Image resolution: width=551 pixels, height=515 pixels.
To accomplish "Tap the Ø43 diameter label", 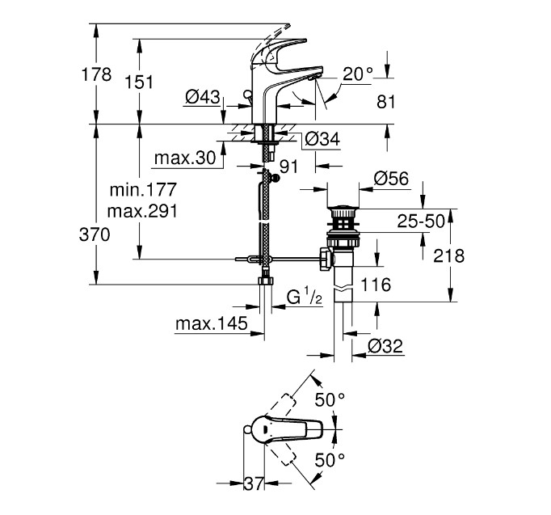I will [x=203, y=97].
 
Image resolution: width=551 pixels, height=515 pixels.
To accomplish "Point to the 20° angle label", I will [x=358, y=74].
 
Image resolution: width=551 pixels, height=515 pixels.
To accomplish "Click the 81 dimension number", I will [x=387, y=102].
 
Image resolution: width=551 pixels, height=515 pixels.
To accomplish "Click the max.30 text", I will [x=190, y=158].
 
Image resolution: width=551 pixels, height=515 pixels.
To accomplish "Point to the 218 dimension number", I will [x=449, y=255].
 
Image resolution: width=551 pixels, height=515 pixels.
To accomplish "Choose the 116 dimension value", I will [x=376, y=284].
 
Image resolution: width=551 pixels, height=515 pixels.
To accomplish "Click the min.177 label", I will [x=144, y=191].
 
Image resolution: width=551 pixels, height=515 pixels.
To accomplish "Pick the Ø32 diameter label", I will [x=385, y=345].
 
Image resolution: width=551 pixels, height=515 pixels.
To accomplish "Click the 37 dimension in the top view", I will [x=254, y=483].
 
